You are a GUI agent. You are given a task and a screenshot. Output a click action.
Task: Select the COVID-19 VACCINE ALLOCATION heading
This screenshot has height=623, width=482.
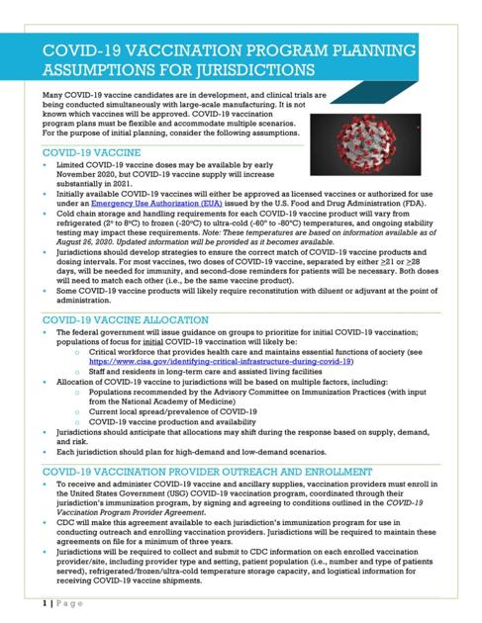(125, 293)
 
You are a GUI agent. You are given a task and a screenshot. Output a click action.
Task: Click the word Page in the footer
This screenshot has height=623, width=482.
(64, 601)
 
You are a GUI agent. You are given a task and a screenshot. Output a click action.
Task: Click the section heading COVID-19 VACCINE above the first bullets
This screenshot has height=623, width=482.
(91, 153)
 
